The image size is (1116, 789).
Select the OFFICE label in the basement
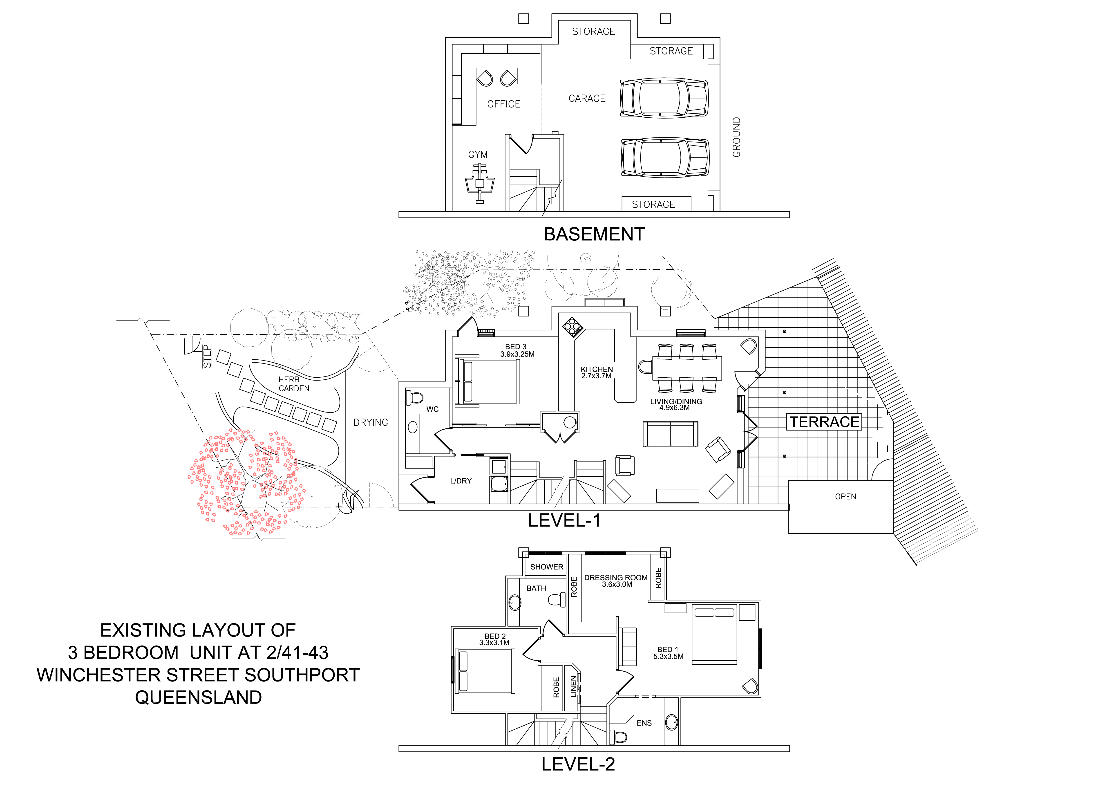pyautogui.click(x=503, y=104)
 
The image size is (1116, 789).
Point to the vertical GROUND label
pyautogui.click(x=736, y=137)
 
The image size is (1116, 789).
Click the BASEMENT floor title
pyautogui.click(x=594, y=234)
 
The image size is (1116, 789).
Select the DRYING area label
pyautogui.click(x=370, y=422)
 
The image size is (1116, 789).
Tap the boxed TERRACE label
pyautogui.click(x=824, y=422)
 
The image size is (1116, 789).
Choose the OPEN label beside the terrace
pyautogui.click(x=845, y=496)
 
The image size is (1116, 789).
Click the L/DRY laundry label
pyautogui.click(x=460, y=481)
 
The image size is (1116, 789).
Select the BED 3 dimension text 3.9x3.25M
pyautogui.click(x=517, y=354)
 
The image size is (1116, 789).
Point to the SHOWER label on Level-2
pyautogui.click(x=546, y=567)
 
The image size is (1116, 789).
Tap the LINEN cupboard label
pyautogui.click(x=574, y=686)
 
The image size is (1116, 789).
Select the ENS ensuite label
pyautogui.click(x=644, y=723)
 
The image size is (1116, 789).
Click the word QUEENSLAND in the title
pyautogui.click(x=198, y=697)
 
